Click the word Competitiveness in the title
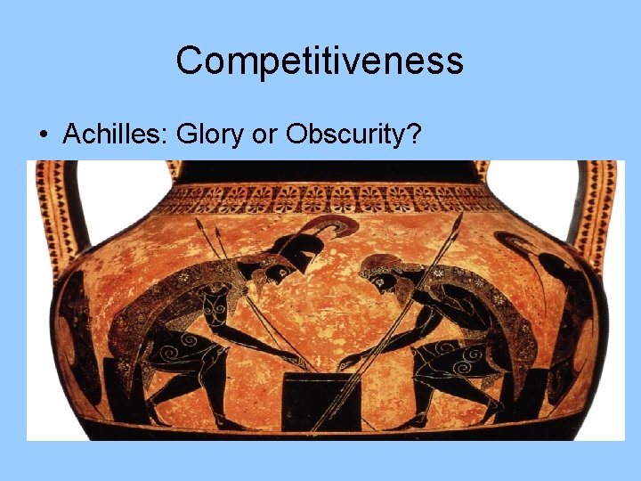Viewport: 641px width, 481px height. pyautogui.click(x=320, y=61)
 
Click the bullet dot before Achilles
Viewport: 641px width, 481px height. pyautogui.click(x=42, y=135)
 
